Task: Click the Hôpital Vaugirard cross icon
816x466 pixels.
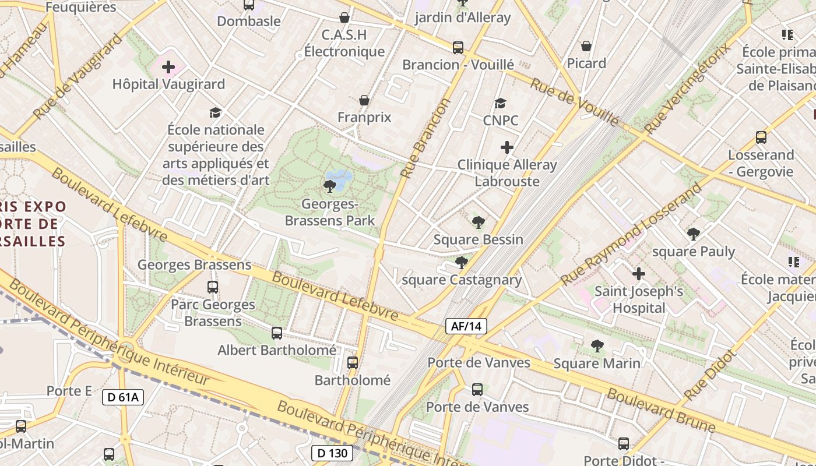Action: (x=168, y=67)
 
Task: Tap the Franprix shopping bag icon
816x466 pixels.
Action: (x=364, y=100)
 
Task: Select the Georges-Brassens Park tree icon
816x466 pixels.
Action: (x=329, y=186)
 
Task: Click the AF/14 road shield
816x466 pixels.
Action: (x=466, y=326)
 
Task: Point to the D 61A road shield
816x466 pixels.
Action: (x=123, y=398)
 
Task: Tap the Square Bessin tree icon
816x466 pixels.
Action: (x=479, y=222)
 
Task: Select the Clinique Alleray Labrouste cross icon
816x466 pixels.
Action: (x=507, y=147)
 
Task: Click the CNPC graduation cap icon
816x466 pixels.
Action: (x=500, y=104)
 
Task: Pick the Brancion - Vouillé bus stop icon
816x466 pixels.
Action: (x=458, y=47)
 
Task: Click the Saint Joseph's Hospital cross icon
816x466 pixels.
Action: (x=639, y=273)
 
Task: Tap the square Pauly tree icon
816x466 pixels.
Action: (x=693, y=234)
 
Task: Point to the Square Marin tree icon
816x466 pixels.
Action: (x=597, y=346)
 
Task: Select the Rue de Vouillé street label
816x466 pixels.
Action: (x=574, y=102)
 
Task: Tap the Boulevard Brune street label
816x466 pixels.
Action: (x=661, y=411)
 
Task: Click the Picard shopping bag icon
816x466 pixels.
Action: (x=586, y=45)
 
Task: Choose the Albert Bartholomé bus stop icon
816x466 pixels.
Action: (x=277, y=333)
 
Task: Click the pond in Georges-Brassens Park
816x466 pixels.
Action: (x=339, y=176)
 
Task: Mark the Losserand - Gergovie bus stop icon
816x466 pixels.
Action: (x=761, y=137)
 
